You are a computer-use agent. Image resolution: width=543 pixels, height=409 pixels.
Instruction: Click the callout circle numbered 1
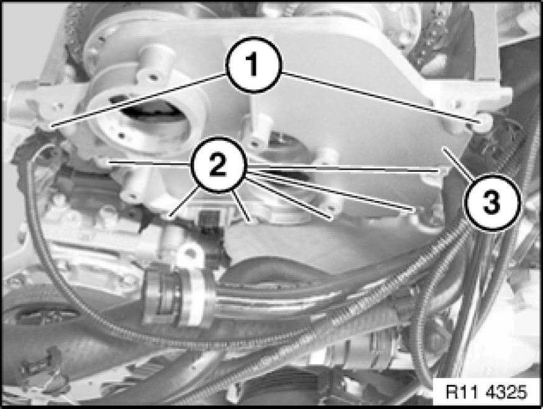point(254,65)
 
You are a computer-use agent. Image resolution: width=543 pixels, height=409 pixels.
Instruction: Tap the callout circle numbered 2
point(218,164)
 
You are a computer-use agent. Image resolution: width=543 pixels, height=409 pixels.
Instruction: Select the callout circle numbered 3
point(491,202)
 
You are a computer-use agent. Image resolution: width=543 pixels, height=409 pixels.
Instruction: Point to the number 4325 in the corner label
point(506,392)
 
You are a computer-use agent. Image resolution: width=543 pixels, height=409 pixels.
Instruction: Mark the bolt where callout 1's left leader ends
point(50,127)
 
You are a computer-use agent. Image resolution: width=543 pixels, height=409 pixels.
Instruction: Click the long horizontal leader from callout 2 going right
point(342,169)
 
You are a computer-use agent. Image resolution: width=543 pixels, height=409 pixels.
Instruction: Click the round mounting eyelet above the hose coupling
point(189,253)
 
